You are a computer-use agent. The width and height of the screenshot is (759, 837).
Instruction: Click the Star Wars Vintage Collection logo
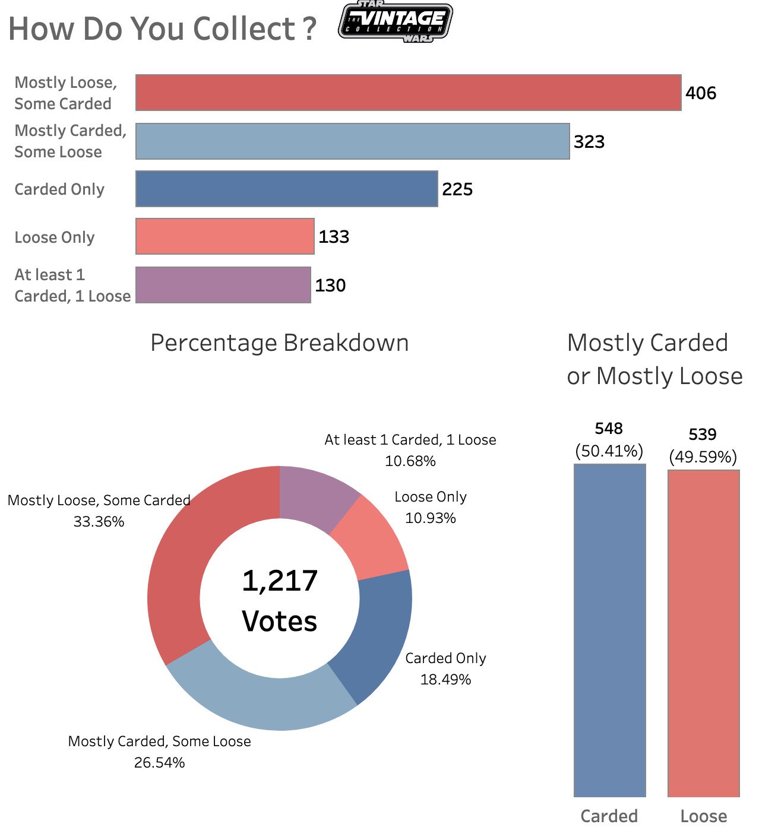[x=395, y=22]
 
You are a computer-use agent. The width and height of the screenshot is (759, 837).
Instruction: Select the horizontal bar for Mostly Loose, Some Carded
[x=408, y=93]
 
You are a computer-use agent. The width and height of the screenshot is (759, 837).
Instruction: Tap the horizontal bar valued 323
[x=352, y=141]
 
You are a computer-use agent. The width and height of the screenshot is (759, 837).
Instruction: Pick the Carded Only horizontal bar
[x=286, y=189]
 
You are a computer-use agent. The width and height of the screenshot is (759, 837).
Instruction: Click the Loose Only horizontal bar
[x=224, y=236]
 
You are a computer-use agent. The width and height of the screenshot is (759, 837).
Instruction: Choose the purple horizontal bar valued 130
[x=223, y=285]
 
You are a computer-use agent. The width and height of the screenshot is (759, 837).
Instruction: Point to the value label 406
[x=701, y=93]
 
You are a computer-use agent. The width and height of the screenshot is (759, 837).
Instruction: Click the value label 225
[x=457, y=189]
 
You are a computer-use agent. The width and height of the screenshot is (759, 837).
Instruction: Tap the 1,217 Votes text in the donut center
[x=280, y=601]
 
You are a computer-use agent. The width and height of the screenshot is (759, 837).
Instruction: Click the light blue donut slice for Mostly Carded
[x=261, y=700]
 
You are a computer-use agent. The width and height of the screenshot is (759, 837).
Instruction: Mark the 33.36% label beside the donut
[x=99, y=522]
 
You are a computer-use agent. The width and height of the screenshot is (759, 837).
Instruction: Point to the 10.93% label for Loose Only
[x=431, y=518]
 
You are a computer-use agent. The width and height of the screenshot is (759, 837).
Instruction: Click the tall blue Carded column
[x=609, y=629]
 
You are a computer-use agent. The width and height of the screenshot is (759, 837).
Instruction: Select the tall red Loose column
[x=703, y=633]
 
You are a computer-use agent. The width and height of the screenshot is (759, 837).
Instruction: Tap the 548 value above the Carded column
[x=609, y=429]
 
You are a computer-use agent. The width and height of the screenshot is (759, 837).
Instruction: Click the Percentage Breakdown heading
[x=279, y=343]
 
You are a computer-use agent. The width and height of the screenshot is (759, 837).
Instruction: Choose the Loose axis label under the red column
[x=703, y=816]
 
